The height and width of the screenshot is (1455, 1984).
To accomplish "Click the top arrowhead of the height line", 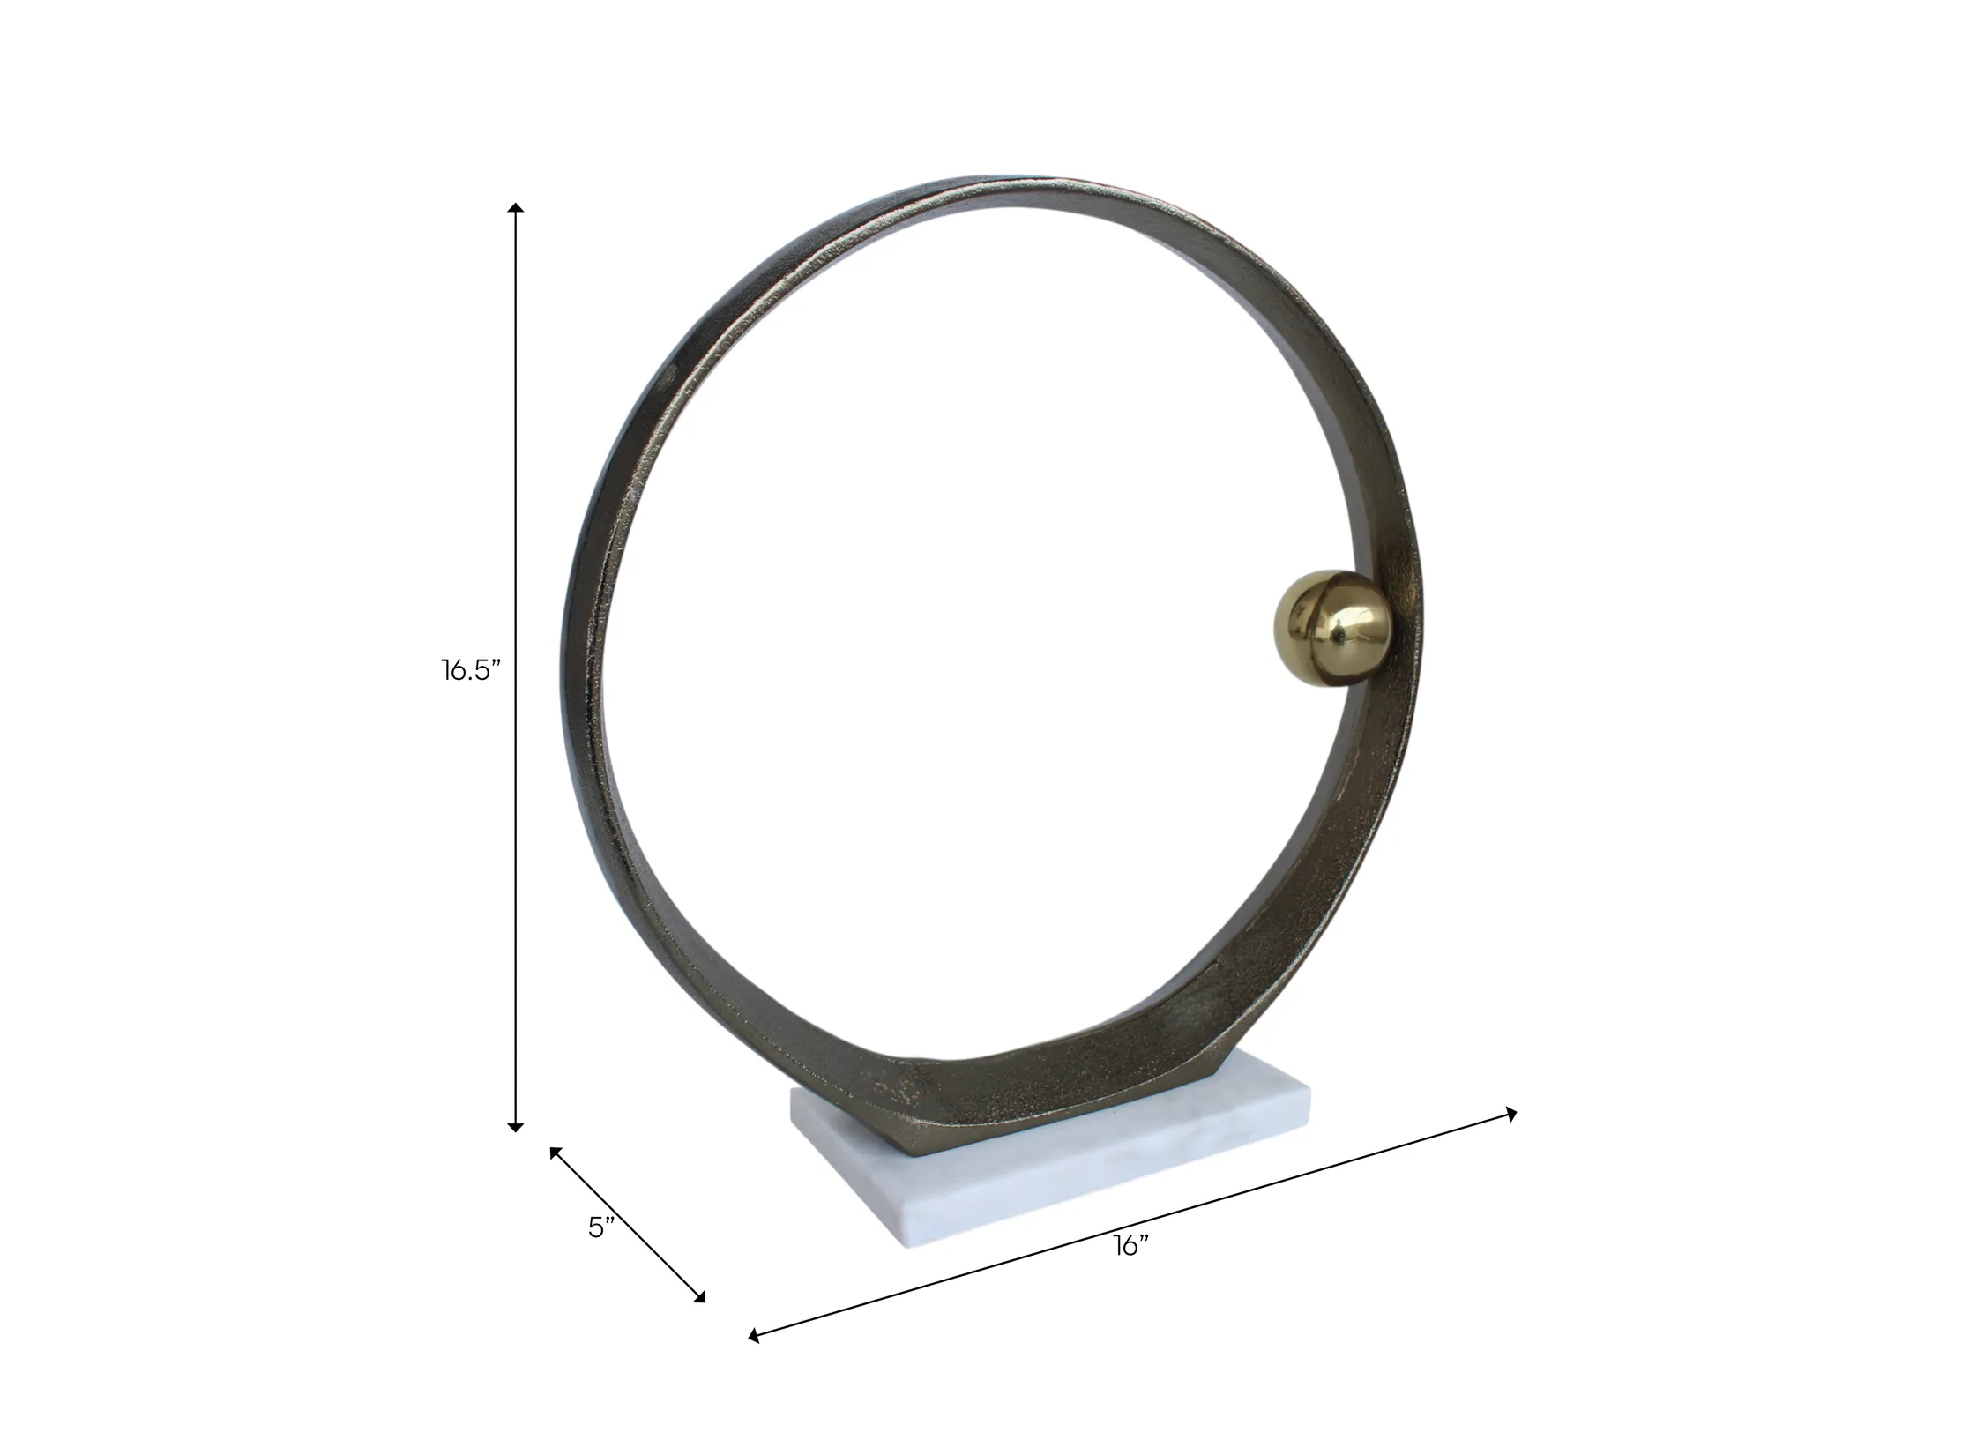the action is pyautogui.click(x=517, y=207).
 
